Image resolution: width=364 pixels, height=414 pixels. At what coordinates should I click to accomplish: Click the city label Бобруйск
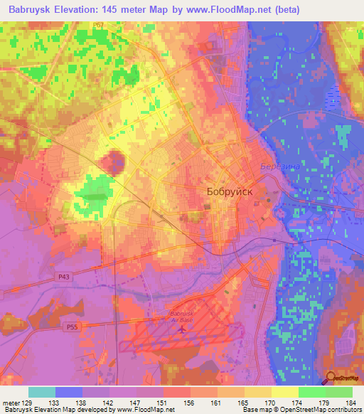click(x=230, y=191)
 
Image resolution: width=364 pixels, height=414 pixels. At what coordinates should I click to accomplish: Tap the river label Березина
click(x=272, y=165)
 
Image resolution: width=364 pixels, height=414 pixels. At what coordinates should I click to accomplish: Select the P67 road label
click(x=99, y=25)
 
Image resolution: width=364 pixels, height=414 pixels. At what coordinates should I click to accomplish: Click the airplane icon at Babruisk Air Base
click(x=183, y=328)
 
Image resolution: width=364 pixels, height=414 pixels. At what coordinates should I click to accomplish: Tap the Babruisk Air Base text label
click(x=183, y=317)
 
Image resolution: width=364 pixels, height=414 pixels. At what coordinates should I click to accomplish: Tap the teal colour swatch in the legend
click(x=42, y=392)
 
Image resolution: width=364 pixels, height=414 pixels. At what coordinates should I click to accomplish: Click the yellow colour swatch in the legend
click(x=285, y=392)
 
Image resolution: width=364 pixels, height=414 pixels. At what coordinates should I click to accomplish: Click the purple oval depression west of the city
click(x=112, y=162)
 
